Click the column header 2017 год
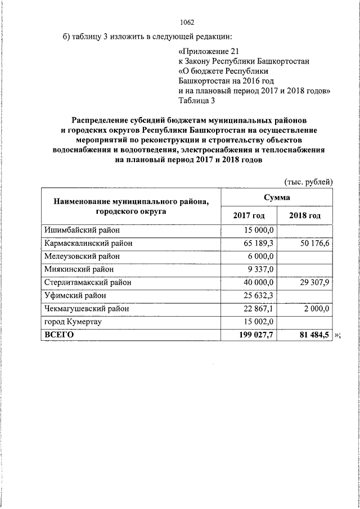pos(247,216)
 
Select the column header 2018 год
pos(305,216)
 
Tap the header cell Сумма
pos(276,197)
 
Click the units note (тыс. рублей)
pos(308,182)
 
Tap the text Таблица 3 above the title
pos(196,101)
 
